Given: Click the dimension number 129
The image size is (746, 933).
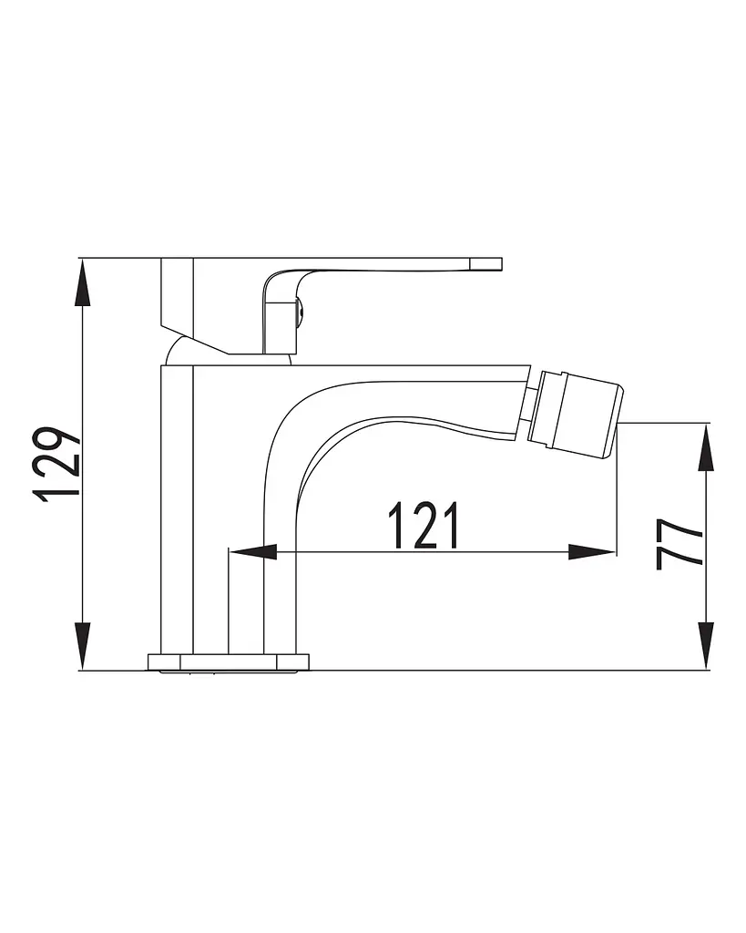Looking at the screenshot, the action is coord(58,463).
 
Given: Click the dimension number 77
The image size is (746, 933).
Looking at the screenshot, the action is coord(680,544).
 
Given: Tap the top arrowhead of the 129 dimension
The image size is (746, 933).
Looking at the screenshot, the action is coord(83,282).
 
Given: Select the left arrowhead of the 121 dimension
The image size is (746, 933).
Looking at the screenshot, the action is coord(253,552).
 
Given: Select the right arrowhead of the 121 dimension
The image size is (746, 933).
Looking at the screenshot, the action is coord(591,552).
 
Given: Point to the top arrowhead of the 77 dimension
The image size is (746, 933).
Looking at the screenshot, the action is coord(706,446).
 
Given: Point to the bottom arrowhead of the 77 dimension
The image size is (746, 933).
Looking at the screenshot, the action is coord(706,646).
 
